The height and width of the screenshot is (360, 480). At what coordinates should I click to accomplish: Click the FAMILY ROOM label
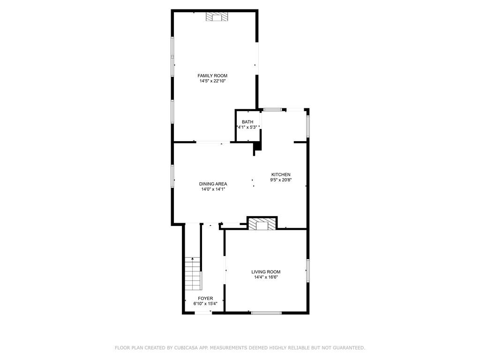pyautogui.click(x=212, y=75)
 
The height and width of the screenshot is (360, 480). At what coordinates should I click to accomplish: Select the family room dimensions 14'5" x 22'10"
pyautogui.click(x=212, y=81)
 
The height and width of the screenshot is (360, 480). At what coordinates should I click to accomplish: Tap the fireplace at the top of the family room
pyautogui.click(x=217, y=17)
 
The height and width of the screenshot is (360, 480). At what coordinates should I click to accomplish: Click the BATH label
pyautogui.click(x=247, y=122)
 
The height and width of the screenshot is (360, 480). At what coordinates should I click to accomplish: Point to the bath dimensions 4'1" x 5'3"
pyautogui.click(x=247, y=127)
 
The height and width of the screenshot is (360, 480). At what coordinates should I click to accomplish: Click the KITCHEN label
pyautogui.click(x=281, y=174)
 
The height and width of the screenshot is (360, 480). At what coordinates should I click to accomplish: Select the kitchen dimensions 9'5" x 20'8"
pyautogui.click(x=281, y=180)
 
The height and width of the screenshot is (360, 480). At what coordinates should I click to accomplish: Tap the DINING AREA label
pyautogui.click(x=213, y=184)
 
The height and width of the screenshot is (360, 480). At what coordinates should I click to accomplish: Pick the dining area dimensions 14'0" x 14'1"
pyautogui.click(x=213, y=189)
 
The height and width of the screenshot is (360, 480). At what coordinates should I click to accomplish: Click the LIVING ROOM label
pyautogui.click(x=266, y=272)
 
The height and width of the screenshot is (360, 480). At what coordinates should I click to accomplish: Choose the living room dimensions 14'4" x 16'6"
pyautogui.click(x=266, y=277)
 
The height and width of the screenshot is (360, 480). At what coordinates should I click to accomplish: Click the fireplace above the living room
pyautogui.click(x=262, y=224)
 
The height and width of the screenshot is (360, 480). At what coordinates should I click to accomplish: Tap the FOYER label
pyautogui.click(x=205, y=298)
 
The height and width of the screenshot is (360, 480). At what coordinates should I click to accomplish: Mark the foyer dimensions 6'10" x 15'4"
pyautogui.click(x=205, y=304)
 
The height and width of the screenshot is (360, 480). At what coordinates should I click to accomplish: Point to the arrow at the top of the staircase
pyautogui.click(x=192, y=259)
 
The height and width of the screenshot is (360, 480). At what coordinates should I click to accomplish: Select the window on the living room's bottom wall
pyautogui.click(x=266, y=313)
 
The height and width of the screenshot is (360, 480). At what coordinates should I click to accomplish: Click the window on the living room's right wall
pyautogui.click(x=308, y=270)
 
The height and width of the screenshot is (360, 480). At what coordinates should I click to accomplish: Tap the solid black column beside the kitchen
pyautogui.click(x=257, y=148)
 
